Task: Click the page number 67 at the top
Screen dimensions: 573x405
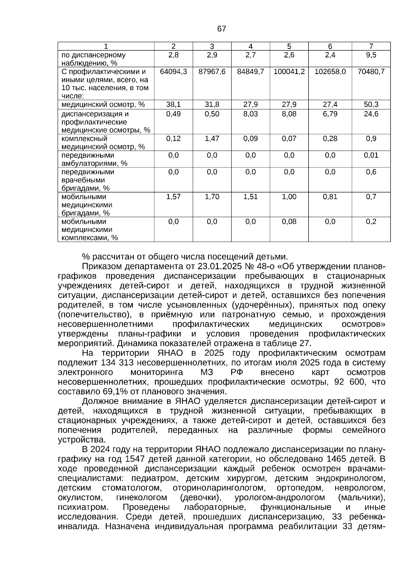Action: (x=221, y=29)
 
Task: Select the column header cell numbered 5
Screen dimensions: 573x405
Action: (x=289, y=47)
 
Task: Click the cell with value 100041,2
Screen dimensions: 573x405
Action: (x=289, y=72)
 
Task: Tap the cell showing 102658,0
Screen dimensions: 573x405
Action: (x=330, y=72)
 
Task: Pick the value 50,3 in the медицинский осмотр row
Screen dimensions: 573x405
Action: (x=371, y=105)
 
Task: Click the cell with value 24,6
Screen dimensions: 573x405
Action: (x=371, y=114)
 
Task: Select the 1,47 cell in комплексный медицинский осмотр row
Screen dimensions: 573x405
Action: (x=212, y=139)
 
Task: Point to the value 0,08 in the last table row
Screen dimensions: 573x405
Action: (x=289, y=222)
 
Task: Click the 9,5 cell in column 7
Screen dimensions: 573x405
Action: (x=371, y=55)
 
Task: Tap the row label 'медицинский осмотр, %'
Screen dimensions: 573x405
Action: (x=103, y=105)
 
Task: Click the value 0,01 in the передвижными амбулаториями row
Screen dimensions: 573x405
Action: (x=371, y=155)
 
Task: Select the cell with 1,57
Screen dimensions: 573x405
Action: (x=173, y=197)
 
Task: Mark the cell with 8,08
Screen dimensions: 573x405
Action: (x=289, y=114)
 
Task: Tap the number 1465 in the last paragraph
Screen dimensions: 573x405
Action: (x=337, y=459)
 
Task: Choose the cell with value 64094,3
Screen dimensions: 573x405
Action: (x=173, y=72)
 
